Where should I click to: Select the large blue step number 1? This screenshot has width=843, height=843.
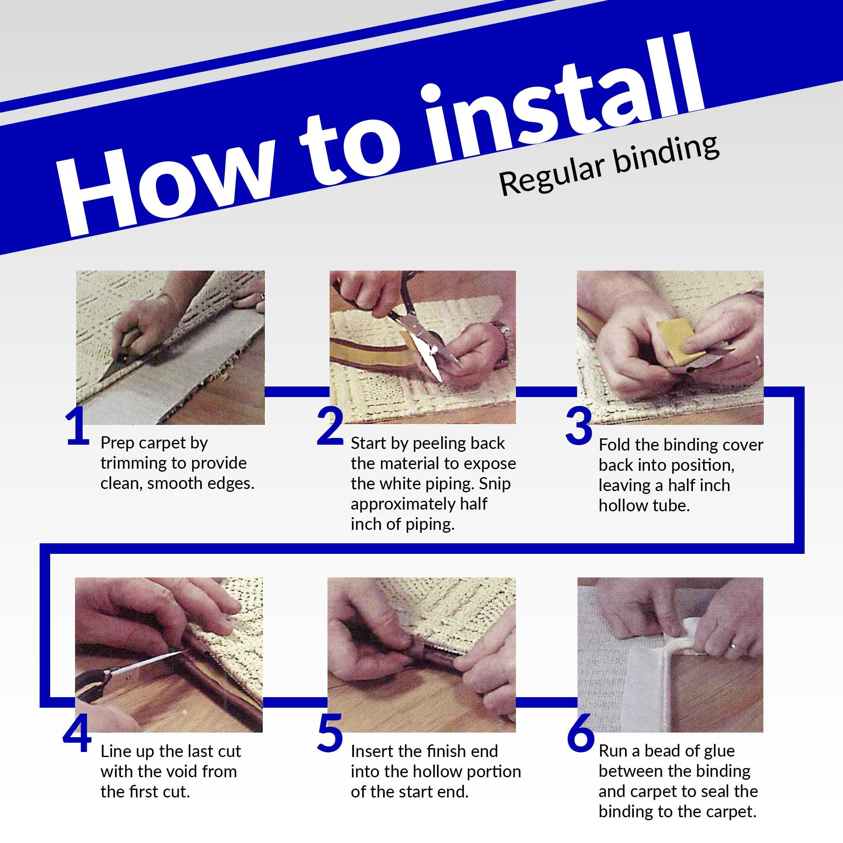pyautogui.click(x=78, y=427)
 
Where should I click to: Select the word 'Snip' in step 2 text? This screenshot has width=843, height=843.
pyautogui.click(x=495, y=484)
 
